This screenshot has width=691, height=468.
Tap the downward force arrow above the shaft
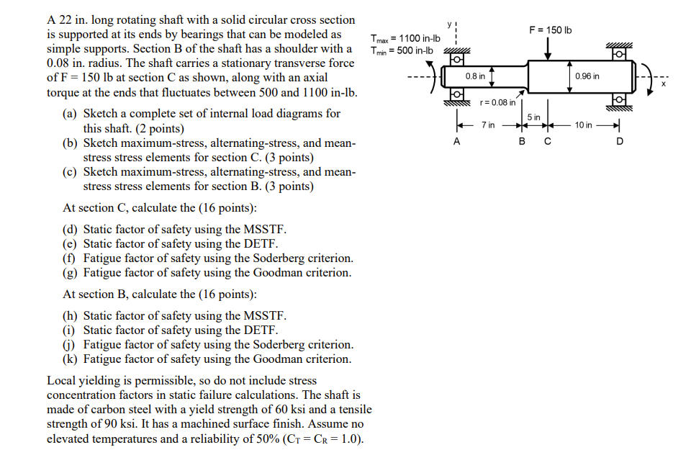(x=549, y=49)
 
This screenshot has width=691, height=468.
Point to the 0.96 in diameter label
(x=587, y=76)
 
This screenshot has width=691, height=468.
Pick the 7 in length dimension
(x=488, y=125)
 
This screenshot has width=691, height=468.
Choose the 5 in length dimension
(x=533, y=117)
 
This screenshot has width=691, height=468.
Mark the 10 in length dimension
(x=583, y=125)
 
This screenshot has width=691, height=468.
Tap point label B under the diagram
(x=523, y=142)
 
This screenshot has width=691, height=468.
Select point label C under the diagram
(x=548, y=142)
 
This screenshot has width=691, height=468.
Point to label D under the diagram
(x=620, y=142)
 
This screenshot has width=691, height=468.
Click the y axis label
(x=448, y=24)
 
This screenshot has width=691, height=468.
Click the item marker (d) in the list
(x=71, y=229)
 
